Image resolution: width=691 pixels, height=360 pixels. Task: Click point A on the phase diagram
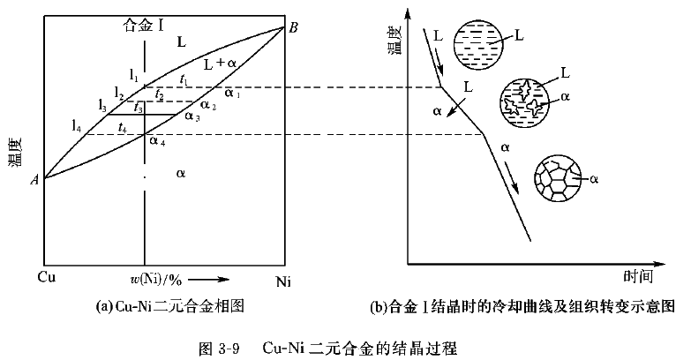[x=33, y=179]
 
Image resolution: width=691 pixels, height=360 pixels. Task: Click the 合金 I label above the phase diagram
[x=144, y=25]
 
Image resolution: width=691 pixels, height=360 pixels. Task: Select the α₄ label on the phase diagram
[x=156, y=139]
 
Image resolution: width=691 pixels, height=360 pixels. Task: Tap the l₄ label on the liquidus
[x=78, y=125]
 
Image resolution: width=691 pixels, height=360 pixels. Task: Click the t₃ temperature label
[x=139, y=108]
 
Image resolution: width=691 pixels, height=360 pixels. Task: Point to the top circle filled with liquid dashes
[x=479, y=41]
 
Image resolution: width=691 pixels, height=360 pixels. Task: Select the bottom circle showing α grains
[x=562, y=178]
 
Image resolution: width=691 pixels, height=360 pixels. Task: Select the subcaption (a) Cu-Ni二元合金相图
[x=169, y=307]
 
